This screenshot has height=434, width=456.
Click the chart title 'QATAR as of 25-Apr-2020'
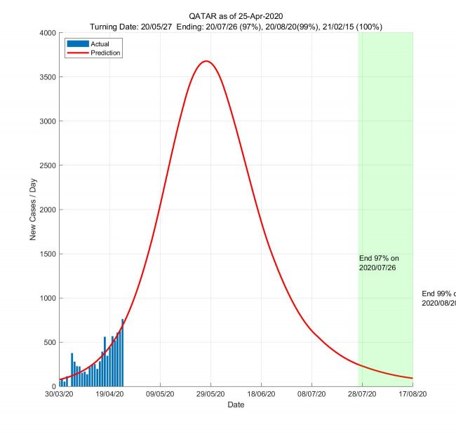coord(236,15)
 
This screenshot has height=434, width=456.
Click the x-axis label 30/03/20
coord(60,395)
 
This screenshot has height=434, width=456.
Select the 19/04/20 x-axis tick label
coord(110,395)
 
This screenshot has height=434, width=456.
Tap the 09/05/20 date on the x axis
coord(161,395)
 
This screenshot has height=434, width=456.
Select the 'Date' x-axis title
coord(236,405)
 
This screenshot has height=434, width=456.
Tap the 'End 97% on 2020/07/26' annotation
coord(379,263)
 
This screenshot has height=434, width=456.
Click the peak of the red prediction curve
coord(206,61)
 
